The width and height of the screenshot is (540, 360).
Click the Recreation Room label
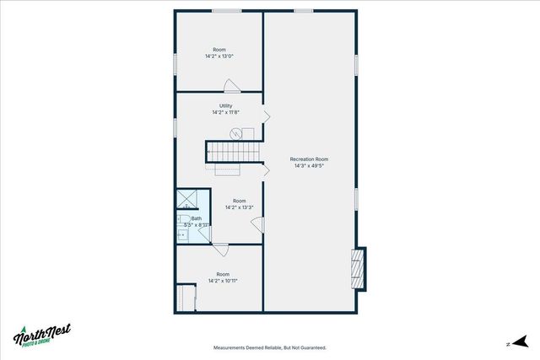click(x=309, y=159)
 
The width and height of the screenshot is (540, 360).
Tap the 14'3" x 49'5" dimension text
click(x=309, y=166)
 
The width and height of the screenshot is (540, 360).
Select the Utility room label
click(x=225, y=106)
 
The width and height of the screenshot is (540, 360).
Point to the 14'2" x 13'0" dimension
click(x=219, y=56)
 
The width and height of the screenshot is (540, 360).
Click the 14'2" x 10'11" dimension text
click(x=223, y=281)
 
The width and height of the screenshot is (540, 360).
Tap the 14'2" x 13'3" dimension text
click(x=240, y=207)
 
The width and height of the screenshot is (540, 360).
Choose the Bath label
click(x=196, y=218)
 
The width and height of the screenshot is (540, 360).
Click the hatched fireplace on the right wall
click(x=359, y=268)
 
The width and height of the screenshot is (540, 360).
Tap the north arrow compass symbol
click(x=519, y=342)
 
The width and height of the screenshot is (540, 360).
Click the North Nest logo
click(x=42, y=336)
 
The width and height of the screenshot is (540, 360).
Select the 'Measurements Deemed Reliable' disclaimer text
click(x=269, y=347)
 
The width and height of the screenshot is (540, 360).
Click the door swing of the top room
click(x=231, y=84)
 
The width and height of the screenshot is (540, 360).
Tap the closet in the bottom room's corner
click(x=186, y=298)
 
